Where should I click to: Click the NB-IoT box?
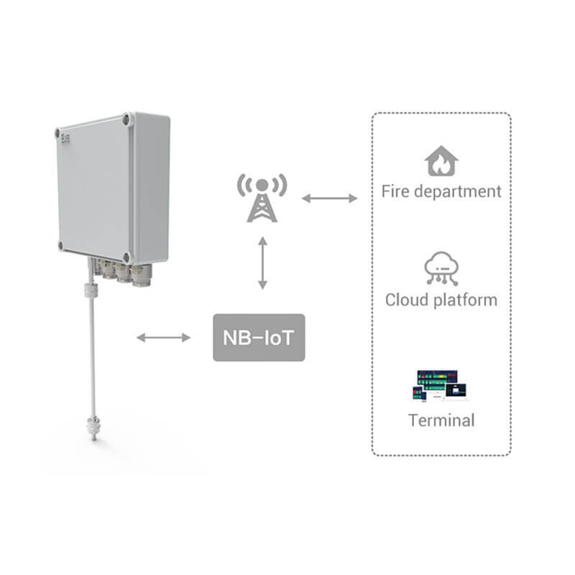click(x=259, y=337)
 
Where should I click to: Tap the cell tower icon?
click(x=262, y=198)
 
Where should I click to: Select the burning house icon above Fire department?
click(x=441, y=161)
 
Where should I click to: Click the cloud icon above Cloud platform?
click(x=441, y=268)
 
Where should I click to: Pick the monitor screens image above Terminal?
click(x=439, y=385)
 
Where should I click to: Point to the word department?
click(x=457, y=192)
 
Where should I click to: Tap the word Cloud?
click(x=407, y=300)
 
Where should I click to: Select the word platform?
click(x=465, y=300)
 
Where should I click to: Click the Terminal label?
click(x=441, y=420)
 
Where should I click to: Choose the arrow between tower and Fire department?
click(x=329, y=198)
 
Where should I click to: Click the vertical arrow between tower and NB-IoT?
click(x=262, y=263)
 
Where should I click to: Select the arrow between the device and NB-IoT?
click(x=163, y=337)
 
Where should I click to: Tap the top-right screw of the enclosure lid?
click(x=127, y=119)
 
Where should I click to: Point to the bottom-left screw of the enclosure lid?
click(x=60, y=245)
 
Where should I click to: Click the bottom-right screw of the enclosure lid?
click(x=127, y=257)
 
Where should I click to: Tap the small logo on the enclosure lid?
click(x=65, y=138)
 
